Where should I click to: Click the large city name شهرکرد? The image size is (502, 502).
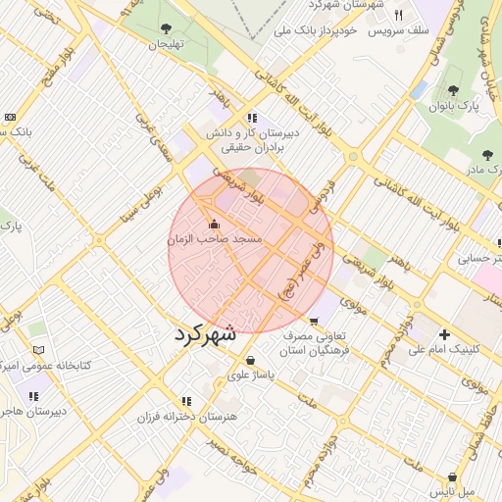point(205,332)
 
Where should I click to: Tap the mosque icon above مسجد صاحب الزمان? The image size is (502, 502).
point(215,225)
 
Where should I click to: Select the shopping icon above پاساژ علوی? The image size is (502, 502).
point(252,360)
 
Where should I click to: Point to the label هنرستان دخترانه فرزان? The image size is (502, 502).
point(186,417)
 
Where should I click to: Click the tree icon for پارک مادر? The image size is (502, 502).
point(486,154)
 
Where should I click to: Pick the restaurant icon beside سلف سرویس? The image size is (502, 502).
point(398,15)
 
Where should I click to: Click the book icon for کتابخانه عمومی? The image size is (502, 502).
point(38,349)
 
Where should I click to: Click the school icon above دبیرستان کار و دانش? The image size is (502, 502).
point(253,118)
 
